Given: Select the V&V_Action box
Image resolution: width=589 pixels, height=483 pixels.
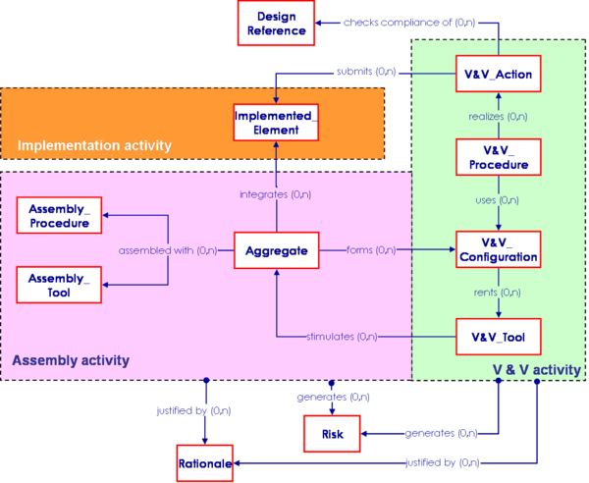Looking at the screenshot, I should coord(497,74).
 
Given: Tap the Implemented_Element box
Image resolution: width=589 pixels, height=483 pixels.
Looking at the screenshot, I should coord(274,124).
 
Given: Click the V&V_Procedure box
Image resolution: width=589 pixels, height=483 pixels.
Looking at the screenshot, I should coord(498,158).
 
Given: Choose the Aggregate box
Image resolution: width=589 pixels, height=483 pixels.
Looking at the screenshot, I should coord(277,251).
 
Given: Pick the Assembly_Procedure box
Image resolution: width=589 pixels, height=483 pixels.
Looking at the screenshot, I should coord(59,216).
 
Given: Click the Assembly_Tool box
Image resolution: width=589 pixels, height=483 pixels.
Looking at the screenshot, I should coord(59,285).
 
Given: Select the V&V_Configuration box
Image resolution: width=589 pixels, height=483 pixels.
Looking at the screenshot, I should coord(498,250).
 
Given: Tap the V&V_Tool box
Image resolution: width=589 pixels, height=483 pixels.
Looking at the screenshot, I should coord(498,338).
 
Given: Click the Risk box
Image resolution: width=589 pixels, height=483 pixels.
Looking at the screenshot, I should coord(332,432).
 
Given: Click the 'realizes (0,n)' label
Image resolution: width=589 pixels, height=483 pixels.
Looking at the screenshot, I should coord(497,117).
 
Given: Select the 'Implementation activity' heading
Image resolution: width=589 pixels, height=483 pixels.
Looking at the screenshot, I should coord(94,146).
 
